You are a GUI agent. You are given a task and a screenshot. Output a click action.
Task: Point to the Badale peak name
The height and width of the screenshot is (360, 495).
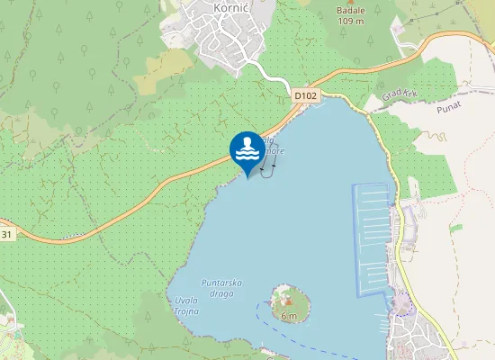350,9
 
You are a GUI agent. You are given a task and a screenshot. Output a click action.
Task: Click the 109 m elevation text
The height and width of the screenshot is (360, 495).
350,20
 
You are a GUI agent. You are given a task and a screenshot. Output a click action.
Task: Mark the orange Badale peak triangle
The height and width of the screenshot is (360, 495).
350,2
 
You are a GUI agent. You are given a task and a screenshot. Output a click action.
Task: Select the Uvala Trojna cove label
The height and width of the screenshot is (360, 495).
186,305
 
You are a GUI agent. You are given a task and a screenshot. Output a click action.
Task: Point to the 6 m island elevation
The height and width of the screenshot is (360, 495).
288,316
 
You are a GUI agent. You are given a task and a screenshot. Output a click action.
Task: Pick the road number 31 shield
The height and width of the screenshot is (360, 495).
7,234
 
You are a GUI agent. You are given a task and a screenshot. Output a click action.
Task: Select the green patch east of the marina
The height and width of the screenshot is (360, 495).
455,228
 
